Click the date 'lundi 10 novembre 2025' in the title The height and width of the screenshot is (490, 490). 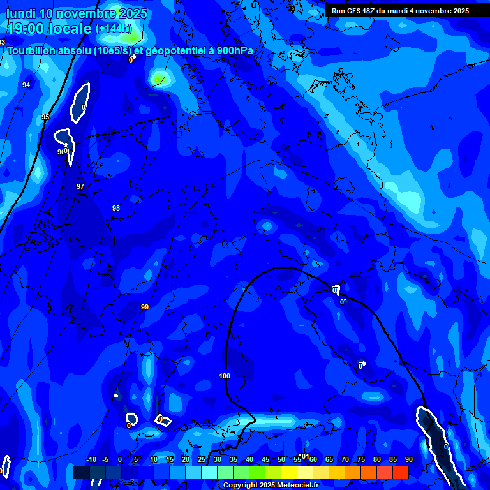[77, 13]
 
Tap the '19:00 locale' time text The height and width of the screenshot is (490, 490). [50, 29]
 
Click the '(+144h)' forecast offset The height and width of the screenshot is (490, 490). [114, 29]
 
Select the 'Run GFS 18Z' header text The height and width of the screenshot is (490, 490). [355, 11]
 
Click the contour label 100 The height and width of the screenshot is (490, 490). [225, 376]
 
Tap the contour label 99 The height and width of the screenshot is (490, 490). [145, 307]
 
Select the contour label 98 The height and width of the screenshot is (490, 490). [116, 209]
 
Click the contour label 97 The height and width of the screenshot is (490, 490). [80, 186]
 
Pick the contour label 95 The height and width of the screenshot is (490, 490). [45, 117]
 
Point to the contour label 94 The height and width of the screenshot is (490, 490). [26, 85]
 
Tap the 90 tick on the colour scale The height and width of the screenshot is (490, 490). [408, 460]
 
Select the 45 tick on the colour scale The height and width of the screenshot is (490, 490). [265, 460]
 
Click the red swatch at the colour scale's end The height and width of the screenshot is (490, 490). [401, 472]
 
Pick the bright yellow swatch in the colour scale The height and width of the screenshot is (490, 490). [289, 472]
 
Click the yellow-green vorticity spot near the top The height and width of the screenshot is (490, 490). [159, 78]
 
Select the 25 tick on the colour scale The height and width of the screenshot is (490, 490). [201, 460]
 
